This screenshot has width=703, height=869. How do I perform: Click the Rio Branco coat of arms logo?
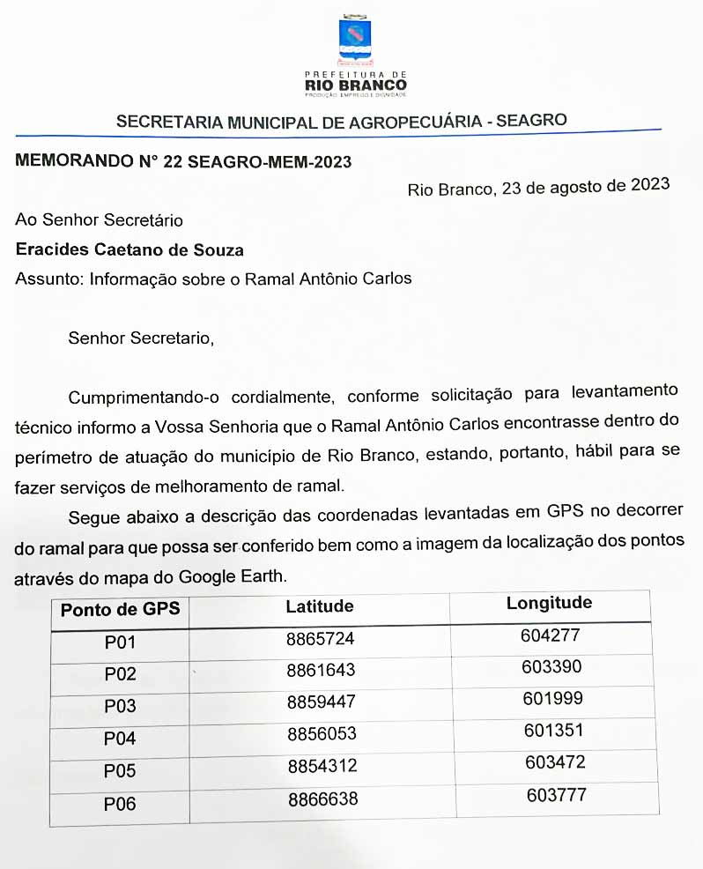tap(355, 39)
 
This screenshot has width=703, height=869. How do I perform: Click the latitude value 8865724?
tap(321, 638)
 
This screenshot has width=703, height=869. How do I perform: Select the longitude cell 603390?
tap(551, 666)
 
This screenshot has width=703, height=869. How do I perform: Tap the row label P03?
tap(120, 707)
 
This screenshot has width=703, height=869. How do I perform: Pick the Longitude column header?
tap(549, 604)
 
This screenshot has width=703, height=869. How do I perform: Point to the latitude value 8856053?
tap(322, 733)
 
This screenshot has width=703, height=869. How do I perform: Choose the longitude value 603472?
tap(555, 762)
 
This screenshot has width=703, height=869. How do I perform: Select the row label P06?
tap(120, 804)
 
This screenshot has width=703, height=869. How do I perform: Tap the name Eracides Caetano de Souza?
tap(129, 250)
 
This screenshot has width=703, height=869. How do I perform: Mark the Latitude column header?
tap(320, 606)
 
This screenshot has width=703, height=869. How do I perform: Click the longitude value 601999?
tap(552, 698)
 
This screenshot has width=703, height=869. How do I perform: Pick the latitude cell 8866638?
tap(322, 799)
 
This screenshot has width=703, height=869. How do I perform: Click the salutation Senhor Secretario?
tap(140, 338)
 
